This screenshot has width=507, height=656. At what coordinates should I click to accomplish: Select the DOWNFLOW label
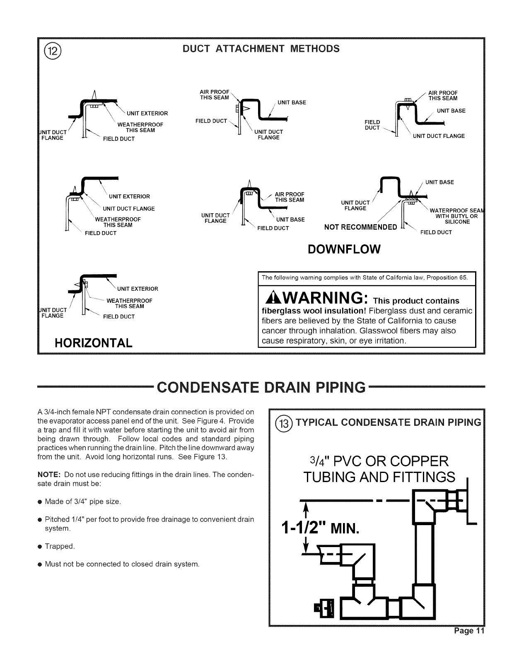[x=344, y=249]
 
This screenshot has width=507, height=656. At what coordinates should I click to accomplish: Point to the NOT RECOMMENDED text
[x=360, y=227]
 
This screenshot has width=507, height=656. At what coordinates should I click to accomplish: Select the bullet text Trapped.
[x=60, y=546]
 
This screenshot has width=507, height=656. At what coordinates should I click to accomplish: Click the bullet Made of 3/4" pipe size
[x=83, y=502]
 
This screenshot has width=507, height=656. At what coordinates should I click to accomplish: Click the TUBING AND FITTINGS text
[x=379, y=477]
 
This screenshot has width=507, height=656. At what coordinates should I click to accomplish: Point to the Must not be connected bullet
[x=122, y=564]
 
